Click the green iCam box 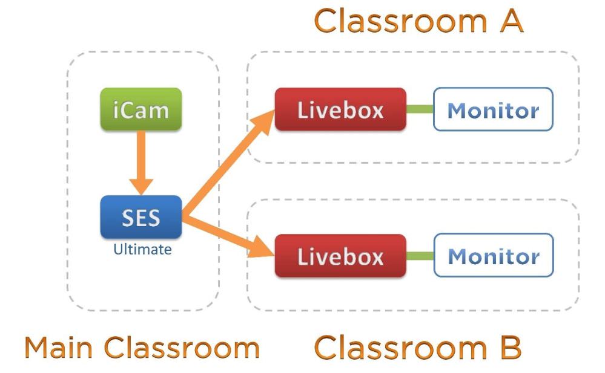pyautogui.click(x=141, y=109)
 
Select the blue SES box pyautogui.click(x=141, y=216)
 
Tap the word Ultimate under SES pyautogui.click(x=142, y=249)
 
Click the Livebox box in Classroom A pyautogui.click(x=340, y=109)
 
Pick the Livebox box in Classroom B pyautogui.click(x=340, y=256)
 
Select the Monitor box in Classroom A pyautogui.click(x=493, y=109)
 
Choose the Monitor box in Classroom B pyautogui.click(x=493, y=256)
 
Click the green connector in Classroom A pyautogui.click(x=420, y=109)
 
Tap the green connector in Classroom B pyautogui.click(x=420, y=256)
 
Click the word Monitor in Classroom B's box pyautogui.click(x=493, y=256)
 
